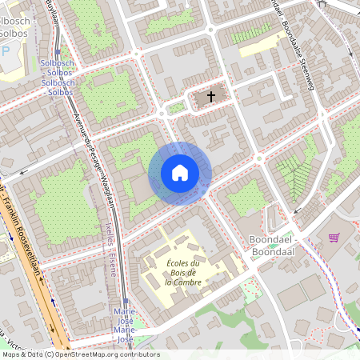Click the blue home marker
(x=180, y=172)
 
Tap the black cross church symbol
(x=211, y=97)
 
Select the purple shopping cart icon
(x=334, y=238)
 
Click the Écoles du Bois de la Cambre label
(x=182, y=272)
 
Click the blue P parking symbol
(x=7, y=50)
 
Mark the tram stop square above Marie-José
(x=124, y=302)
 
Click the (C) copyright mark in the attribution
(x=49, y=354)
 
